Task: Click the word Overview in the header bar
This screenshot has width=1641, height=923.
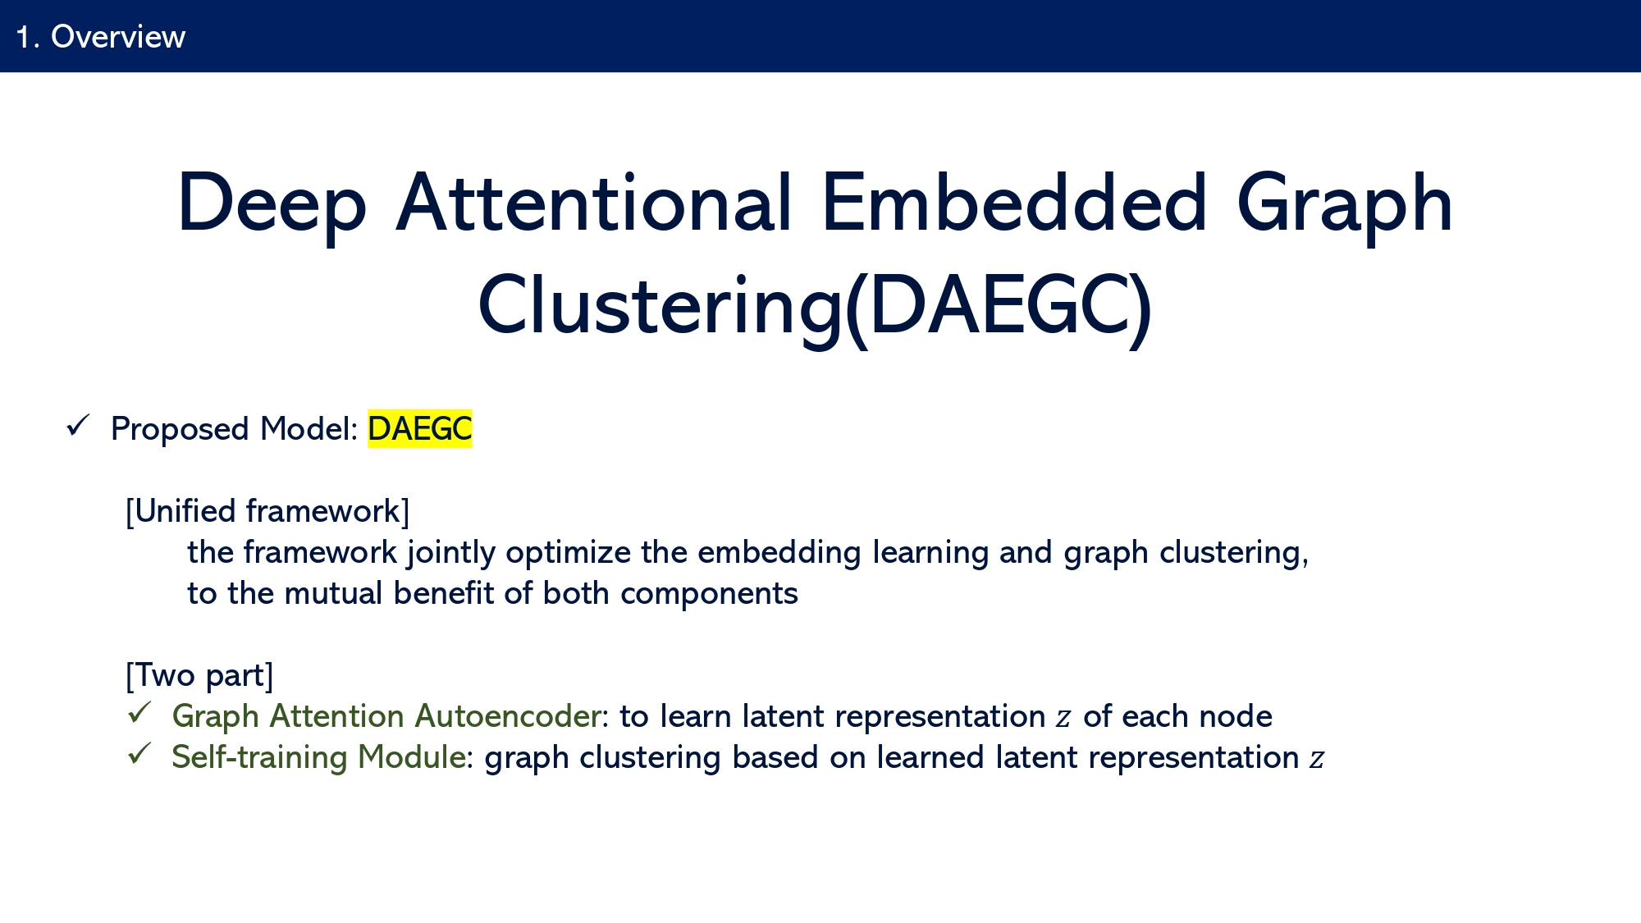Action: [x=118, y=37]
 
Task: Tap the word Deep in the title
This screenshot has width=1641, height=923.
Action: [x=272, y=205]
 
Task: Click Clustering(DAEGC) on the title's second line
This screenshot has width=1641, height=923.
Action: [x=815, y=307]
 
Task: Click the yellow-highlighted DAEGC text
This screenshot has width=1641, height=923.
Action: [x=419, y=429]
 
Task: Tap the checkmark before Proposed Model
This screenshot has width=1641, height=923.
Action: [x=77, y=426]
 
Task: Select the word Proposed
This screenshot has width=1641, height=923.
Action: [x=180, y=430]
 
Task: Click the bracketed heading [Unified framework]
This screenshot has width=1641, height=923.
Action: [x=267, y=511]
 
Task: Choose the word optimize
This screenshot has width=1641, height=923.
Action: [x=569, y=553]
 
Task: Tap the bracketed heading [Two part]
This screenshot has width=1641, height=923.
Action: [x=199, y=675]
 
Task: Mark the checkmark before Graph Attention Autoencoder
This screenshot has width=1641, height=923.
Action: [x=139, y=712]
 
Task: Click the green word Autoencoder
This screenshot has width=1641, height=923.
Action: [x=508, y=716]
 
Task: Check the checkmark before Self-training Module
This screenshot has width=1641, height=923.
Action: [x=139, y=753]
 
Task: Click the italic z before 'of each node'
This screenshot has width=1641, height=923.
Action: [x=1063, y=719]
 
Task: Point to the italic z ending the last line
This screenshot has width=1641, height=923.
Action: [x=1316, y=760]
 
